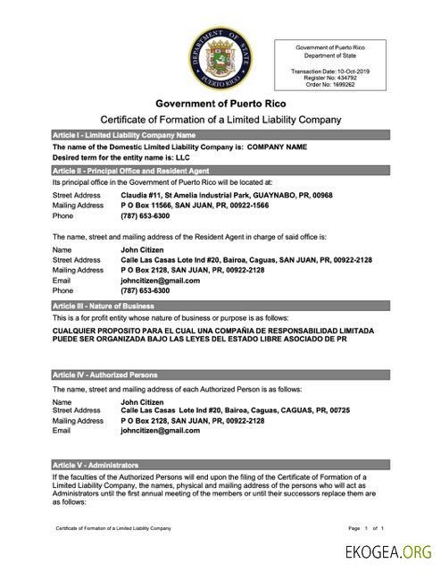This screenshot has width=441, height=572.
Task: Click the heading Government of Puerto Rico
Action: point(219,104)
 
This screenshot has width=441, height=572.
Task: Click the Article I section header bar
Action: point(219,134)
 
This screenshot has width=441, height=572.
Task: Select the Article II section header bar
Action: point(219,169)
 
